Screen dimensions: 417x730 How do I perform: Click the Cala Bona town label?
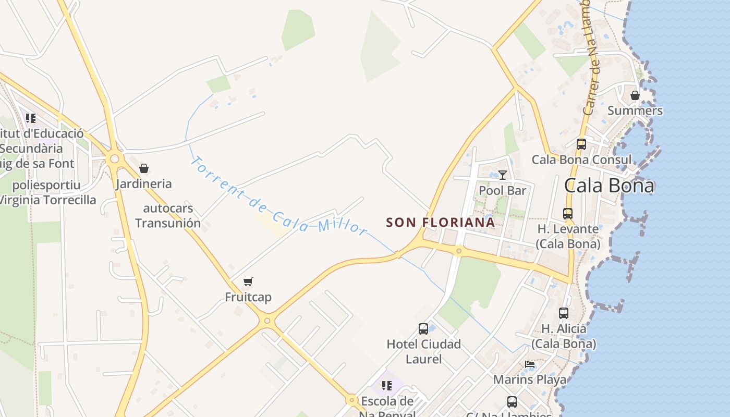click(x=609, y=186)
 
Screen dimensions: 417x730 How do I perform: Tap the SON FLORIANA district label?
click(x=440, y=223)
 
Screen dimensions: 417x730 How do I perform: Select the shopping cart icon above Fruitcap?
click(x=248, y=282)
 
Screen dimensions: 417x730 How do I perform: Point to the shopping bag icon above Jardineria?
click(x=144, y=168)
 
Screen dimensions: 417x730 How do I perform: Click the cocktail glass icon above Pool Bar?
click(x=502, y=175)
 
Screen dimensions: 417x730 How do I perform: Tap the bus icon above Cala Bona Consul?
click(x=581, y=144)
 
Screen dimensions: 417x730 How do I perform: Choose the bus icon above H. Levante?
click(x=568, y=214)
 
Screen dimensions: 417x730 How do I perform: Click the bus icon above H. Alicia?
click(x=564, y=313)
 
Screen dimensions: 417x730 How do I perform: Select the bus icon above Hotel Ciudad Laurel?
click(x=423, y=329)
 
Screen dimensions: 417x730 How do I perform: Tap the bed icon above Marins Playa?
click(x=530, y=364)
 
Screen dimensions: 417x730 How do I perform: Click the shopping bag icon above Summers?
click(x=635, y=95)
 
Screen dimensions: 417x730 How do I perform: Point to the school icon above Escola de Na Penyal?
click(x=386, y=386)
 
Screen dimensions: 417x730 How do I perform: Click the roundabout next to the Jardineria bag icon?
click(x=114, y=158)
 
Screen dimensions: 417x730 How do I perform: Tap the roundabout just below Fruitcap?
click(x=267, y=321)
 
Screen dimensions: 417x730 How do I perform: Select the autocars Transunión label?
click(x=168, y=216)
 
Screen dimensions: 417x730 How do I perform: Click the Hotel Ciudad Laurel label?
click(x=423, y=351)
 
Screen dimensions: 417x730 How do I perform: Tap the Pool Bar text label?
click(x=503, y=190)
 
